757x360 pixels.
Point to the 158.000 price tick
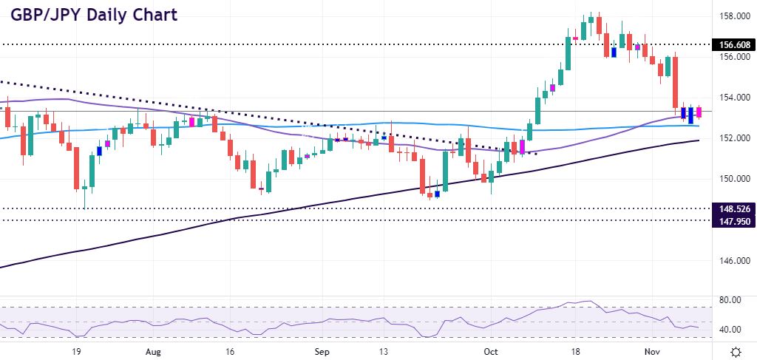[732, 16]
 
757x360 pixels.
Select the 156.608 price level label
[732, 45]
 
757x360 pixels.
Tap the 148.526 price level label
[732, 209]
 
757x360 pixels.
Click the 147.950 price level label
[732, 220]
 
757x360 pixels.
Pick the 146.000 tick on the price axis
[732, 261]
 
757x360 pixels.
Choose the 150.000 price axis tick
[732, 179]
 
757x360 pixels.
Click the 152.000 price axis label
[732, 138]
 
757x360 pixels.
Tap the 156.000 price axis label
[732, 56]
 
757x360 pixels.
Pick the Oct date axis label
[491, 351]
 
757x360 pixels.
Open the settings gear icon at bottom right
[736, 351]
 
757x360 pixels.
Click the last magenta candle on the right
[699, 112]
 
